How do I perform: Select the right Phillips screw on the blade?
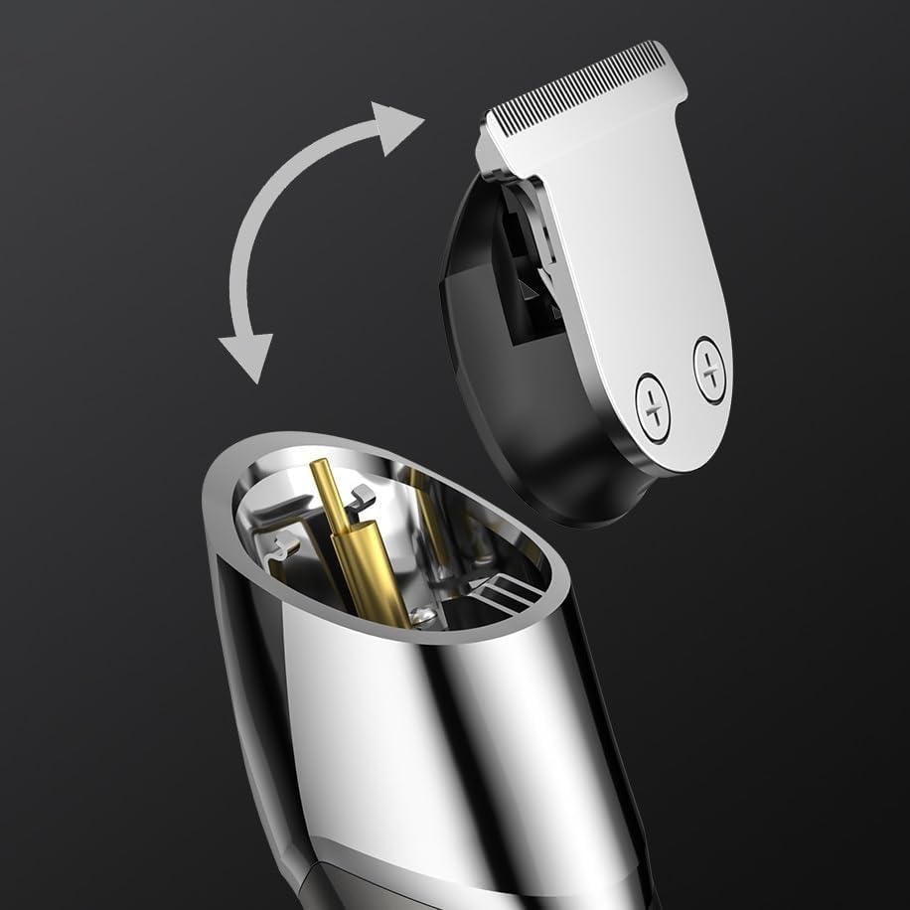click(x=709, y=369)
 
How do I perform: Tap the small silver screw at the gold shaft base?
click(x=422, y=616)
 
